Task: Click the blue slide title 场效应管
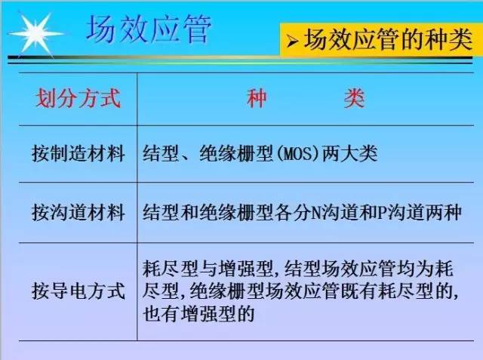(149, 29)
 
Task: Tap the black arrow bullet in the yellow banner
(292, 42)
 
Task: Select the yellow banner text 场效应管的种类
(388, 39)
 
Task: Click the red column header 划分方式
(78, 99)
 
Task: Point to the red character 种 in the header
(257, 99)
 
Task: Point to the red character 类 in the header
(354, 99)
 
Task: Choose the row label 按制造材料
(78, 153)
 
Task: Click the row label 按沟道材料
(78, 212)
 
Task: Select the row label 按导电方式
(78, 291)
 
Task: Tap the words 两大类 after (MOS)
(349, 153)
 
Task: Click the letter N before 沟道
(315, 213)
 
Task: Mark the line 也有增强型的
(198, 313)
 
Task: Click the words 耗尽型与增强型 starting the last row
(208, 269)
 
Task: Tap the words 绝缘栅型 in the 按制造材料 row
(236, 153)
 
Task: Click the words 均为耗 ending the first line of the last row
(426, 269)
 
